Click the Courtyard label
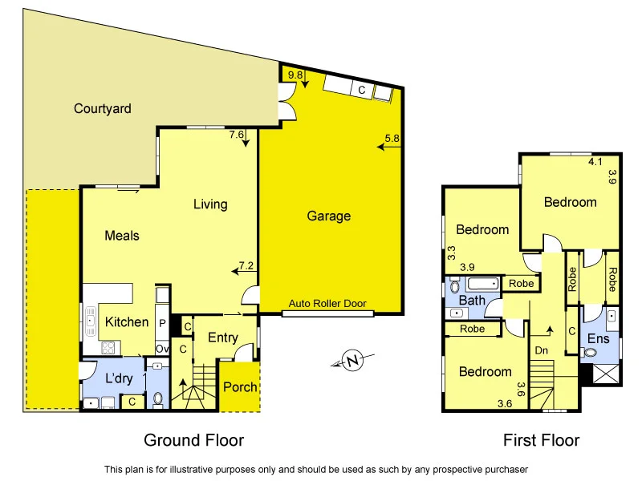pos(102,108)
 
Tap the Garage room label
pos(329,216)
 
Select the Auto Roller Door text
pos(328,305)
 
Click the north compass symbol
pos(351,361)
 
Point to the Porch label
pos(240,387)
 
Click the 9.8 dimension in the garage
pos(295,75)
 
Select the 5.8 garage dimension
pos(392,138)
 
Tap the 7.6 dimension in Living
pos(236,135)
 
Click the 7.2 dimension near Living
pos(246,265)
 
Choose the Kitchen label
pos(127,321)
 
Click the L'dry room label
pos(118,378)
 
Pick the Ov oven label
pos(162,349)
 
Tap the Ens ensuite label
pos(599,339)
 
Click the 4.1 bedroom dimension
pos(595,162)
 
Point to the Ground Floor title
pos(193,439)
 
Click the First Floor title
pos(541,439)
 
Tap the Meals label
pos(122,236)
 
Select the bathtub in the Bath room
pos(483,284)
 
